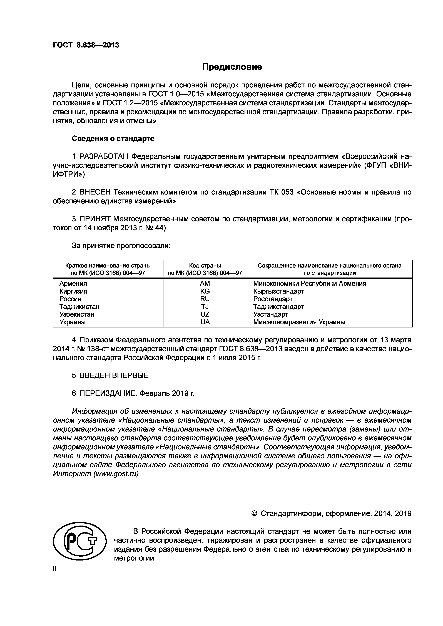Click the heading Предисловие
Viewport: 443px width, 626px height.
[x=232, y=67]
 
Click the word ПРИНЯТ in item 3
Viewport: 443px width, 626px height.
[x=95, y=219]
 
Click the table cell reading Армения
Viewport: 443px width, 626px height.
[x=73, y=284]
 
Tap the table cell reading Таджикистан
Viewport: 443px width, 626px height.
[x=79, y=307]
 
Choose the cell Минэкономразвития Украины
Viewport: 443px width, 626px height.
[x=299, y=322]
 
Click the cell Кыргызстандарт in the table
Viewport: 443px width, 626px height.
[x=278, y=291]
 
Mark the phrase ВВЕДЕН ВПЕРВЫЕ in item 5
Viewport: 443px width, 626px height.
[x=114, y=375]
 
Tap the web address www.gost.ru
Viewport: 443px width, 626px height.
[x=116, y=474]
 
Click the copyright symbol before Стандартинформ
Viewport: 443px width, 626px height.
[x=254, y=514]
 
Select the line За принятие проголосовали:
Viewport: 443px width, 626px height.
[x=121, y=246]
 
